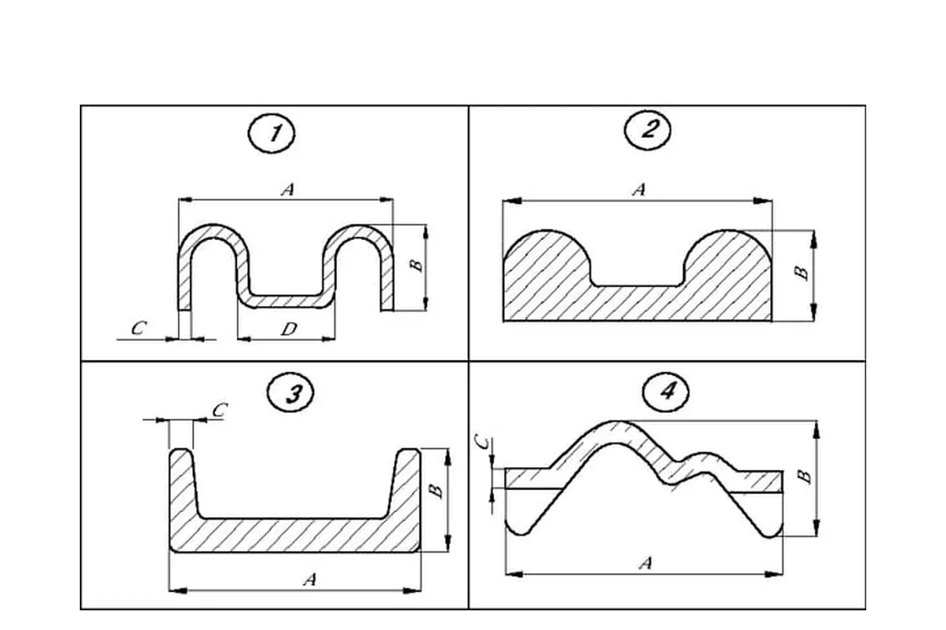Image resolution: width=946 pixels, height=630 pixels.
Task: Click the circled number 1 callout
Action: click(272, 133)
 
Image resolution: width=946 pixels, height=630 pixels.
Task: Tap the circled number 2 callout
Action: click(647, 129)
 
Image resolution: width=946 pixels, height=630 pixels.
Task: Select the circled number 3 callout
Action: click(291, 393)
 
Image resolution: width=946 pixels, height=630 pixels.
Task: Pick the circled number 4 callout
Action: click(666, 392)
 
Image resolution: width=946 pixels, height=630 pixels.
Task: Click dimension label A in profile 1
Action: click(288, 189)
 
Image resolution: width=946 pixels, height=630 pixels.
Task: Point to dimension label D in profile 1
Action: click(289, 329)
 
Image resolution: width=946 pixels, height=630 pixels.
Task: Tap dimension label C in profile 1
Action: click(139, 328)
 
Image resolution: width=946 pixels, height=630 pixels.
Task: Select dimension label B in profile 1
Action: click(417, 265)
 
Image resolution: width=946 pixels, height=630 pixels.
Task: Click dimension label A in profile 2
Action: click(639, 189)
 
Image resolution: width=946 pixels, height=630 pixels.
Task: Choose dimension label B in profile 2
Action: click(802, 273)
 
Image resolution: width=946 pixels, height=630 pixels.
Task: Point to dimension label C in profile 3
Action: click(220, 410)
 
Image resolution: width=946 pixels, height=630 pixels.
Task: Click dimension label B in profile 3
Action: click(436, 491)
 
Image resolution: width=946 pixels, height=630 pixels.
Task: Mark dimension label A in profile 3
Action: click(309, 579)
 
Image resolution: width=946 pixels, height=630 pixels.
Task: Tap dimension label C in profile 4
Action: click(485, 443)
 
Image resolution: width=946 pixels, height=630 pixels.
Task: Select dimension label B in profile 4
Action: click(804, 476)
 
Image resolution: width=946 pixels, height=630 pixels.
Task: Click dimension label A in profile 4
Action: click(645, 563)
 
